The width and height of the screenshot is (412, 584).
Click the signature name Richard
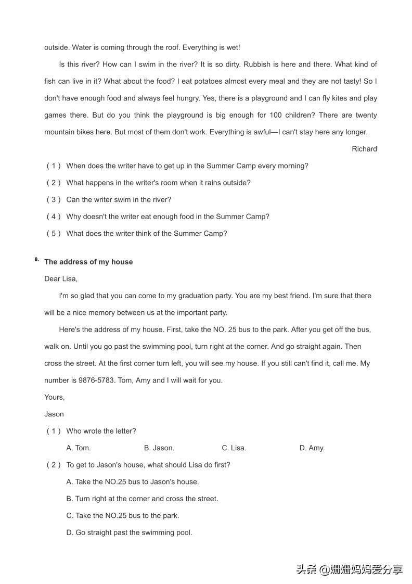click(364, 149)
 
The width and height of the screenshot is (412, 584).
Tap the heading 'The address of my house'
click(88, 262)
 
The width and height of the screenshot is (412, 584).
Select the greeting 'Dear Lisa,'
click(61, 279)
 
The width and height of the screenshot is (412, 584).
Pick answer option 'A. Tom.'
click(79, 448)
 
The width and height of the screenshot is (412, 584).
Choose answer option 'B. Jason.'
click(159, 448)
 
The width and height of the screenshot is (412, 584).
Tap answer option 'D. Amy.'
click(312, 448)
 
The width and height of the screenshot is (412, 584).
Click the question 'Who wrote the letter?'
click(101, 431)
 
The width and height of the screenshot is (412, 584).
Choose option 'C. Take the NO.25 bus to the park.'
click(123, 515)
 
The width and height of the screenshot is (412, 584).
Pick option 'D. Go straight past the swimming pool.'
click(129, 532)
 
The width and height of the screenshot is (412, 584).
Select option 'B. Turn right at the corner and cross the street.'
click(142, 499)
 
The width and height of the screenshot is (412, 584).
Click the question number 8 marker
click(37, 259)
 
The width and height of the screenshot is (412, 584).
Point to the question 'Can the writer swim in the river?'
click(119, 199)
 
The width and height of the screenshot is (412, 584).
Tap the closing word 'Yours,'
click(55, 397)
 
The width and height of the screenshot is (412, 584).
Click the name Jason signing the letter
click(54, 414)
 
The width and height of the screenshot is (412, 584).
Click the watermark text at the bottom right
click(350, 569)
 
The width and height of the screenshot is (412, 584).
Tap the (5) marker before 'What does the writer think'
click(54, 233)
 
